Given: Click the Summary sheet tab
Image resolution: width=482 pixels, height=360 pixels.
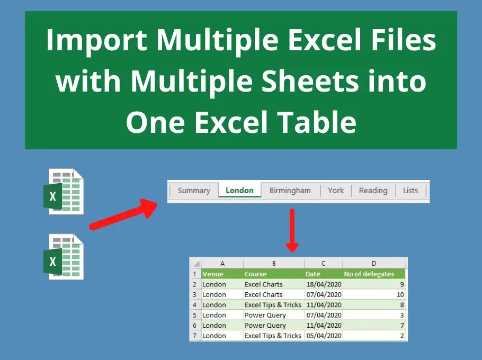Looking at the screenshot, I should (194, 191).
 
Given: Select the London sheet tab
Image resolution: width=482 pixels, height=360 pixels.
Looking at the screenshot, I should (239, 191).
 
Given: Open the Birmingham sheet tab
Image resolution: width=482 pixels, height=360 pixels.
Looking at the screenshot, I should (290, 191).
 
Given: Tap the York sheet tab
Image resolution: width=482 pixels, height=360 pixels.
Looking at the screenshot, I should (336, 191).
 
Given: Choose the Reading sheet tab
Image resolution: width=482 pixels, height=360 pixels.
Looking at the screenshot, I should (373, 191).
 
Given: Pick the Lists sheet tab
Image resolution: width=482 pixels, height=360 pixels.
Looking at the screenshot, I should (410, 191).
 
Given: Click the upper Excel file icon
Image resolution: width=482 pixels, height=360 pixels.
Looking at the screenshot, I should (65, 191).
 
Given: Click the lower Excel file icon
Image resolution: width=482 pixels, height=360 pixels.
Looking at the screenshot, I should (64, 257).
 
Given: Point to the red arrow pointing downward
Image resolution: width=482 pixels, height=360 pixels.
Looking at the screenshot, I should (292, 230).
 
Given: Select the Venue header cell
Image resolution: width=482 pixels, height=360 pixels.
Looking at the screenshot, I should (213, 274).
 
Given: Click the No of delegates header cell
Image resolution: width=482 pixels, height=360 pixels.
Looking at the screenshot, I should (369, 274).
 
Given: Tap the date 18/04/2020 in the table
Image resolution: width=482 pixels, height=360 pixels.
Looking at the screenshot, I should (324, 284).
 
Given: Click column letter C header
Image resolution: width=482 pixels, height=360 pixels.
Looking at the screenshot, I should (323, 263).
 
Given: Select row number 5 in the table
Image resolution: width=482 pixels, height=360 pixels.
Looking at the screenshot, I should (194, 315).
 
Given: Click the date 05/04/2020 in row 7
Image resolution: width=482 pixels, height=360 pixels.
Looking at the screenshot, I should (324, 336).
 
